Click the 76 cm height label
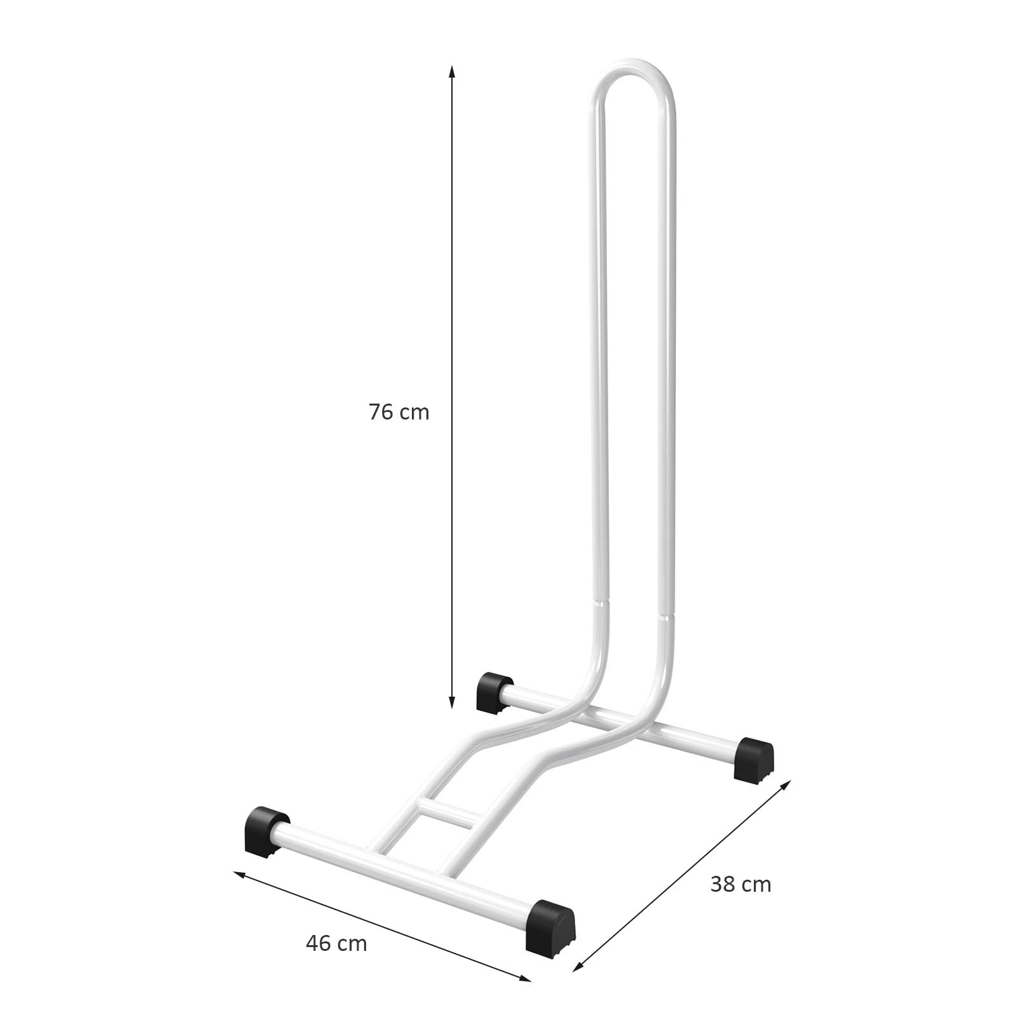pos(399,413)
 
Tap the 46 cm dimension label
pos(336,944)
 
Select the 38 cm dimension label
pos(741,884)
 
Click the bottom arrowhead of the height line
pos(452,701)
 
